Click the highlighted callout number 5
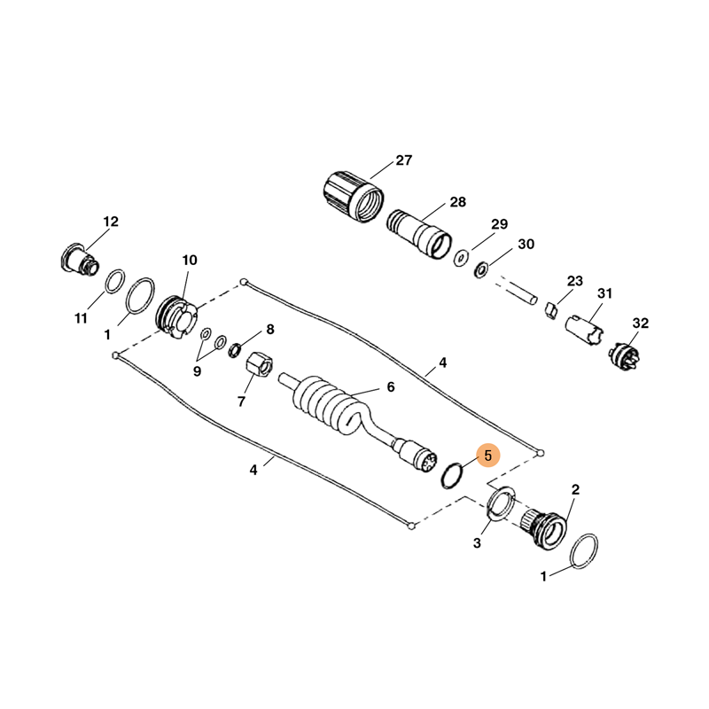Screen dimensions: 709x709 (487, 456)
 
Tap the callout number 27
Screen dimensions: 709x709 (404, 160)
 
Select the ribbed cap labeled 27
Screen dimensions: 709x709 (354, 197)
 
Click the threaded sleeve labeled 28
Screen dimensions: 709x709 (419, 234)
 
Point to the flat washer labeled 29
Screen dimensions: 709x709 (461, 257)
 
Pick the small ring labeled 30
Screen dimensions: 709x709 (480, 270)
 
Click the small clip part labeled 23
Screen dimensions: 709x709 (550, 311)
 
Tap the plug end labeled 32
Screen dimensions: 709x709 (624, 357)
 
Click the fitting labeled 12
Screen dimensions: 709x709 (79, 261)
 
